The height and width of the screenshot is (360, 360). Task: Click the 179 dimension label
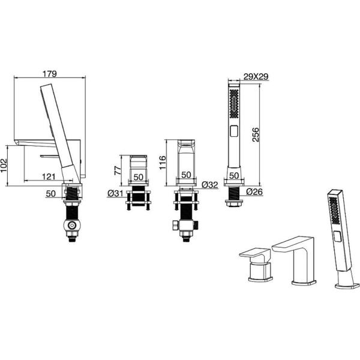pyautogui.click(x=50, y=74)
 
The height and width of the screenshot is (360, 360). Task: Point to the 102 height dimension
pyautogui.click(x=4, y=166)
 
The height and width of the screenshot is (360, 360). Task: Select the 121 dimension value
pyautogui.click(x=49, y=176)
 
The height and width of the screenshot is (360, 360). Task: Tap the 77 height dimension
pyautogui.click(x=118, y=170)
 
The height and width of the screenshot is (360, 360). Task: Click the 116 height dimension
pyautogui.click(x=163, y=163)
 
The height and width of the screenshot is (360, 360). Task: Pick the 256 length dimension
pyautogui.click(x=256, y=135)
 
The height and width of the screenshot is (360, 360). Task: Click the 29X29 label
pyautogui.click(x=256, y=77)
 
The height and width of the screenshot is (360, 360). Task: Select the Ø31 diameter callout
pyautogui.click(x=115, y=194)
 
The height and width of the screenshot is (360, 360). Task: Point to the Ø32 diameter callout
pyautogui.click(x=209, y=185)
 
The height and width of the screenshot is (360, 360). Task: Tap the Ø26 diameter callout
pyautogui.click(x=254, y=191)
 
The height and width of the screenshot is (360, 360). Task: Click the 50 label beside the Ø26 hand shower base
pyautogui.click(x=234, y=176)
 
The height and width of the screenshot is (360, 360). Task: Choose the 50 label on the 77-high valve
pyautogui.click(x=138, y=177)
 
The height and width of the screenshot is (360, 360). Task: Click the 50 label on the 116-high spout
pyautogui.click(x=186, y=175)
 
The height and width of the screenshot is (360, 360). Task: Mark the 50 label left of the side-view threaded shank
pyautogui.click(x=50, y=194)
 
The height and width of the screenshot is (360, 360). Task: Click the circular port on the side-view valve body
pyautogui.click(x=73, y=225)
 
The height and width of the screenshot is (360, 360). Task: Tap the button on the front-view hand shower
pyautogui.click(x=234, y=131)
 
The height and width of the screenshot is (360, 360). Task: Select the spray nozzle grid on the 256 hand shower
pyautogui.click(x=234, y=104)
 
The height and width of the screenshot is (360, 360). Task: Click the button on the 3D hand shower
pyautogui.click(x=337, y=236)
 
